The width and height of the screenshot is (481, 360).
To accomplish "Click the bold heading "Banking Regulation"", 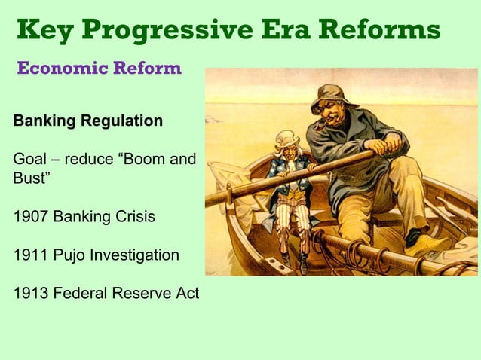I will [x=87, y=121].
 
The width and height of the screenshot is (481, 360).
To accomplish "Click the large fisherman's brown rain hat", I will [x=335, y=96].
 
